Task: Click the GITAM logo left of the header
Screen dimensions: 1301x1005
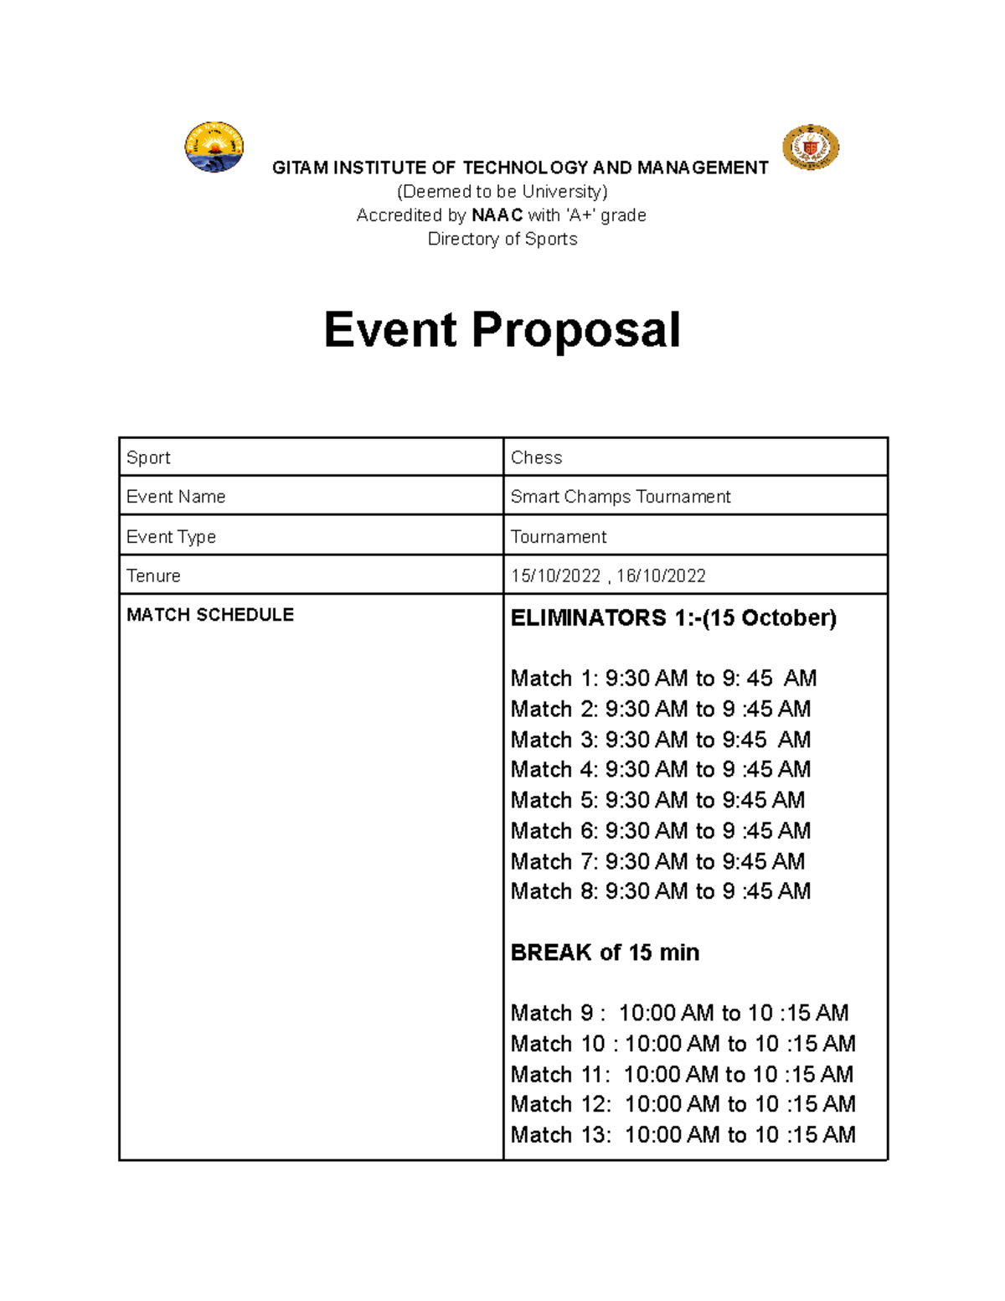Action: coord(214,147)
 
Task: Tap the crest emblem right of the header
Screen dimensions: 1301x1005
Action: coord(810,148)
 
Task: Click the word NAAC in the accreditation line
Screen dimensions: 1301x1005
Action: coord(497,215)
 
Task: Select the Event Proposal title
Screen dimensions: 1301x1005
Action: coord(502,329)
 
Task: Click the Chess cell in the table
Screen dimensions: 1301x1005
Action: coord(536,457)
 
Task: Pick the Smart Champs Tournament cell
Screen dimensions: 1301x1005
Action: coord(620,497)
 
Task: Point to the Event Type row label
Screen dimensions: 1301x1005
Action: coord(171,537)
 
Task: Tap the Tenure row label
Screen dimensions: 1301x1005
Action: coord(153,576)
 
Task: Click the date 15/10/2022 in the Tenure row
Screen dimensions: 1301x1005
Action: coord(555,576)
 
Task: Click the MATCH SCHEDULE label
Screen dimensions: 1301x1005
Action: coord(209,615)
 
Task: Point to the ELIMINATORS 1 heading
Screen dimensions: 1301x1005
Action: coord(673,618)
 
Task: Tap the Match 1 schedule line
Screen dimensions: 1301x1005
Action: coord(662,678)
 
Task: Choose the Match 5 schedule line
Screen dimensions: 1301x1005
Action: coord(657,800)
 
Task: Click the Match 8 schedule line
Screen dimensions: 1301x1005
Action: coord(660,891)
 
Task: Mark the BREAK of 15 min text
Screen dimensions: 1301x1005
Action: coord(605,953)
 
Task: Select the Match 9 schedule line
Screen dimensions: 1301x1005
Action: coord(679,1013)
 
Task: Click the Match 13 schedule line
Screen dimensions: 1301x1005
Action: coord(683,1135)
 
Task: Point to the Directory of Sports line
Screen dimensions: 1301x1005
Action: coord(502,239)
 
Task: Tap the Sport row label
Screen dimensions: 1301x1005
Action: coord(148,457)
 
